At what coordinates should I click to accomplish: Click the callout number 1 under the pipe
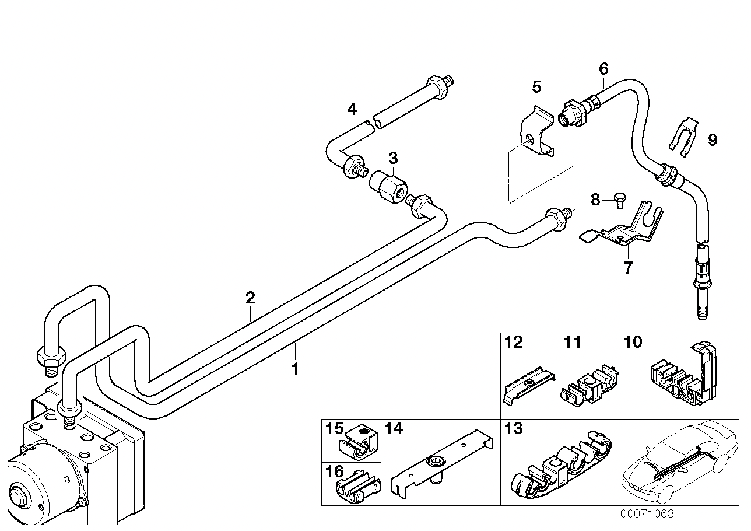pos(295,369)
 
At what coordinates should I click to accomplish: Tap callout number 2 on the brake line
pos(250,298)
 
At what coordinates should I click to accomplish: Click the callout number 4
pos(352,109)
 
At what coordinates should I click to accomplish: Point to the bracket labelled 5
pos(536,131)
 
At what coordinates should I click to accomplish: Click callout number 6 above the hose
pos(603,68)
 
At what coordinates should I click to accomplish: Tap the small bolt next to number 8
pos(620,201)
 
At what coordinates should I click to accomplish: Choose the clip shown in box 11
pos(589,386)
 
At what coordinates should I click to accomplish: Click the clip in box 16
pos(356,487)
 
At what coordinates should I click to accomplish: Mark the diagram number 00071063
pos(646,514)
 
